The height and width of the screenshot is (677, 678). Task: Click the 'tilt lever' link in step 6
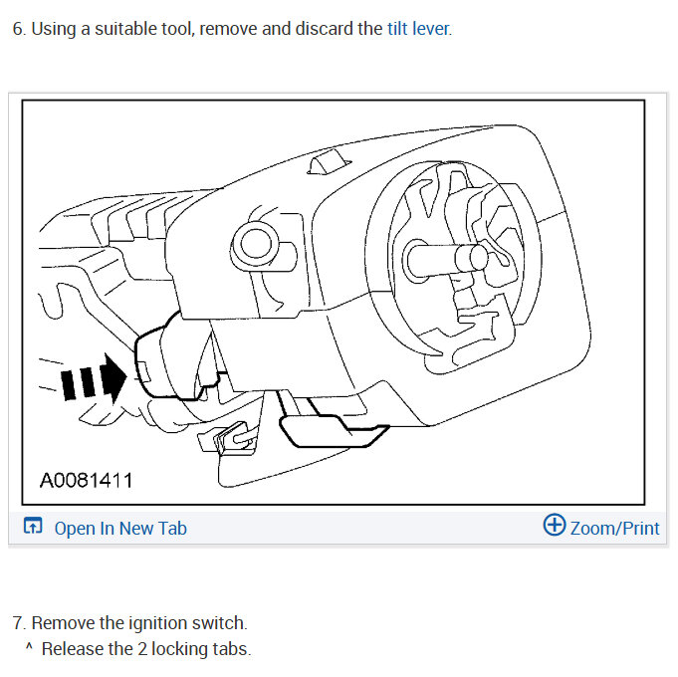pos(418,29)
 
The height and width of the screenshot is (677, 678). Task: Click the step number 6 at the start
pos(17,29)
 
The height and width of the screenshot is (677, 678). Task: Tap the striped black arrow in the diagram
pos(95,380)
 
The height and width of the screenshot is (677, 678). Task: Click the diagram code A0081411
pos(86,482)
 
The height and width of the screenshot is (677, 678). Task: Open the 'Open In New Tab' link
pos(119,529)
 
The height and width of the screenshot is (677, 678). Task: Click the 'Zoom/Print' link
pos(614,528)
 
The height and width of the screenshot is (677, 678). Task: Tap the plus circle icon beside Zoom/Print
pos(554,526)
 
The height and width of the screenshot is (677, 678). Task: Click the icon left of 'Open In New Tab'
pos(33,528)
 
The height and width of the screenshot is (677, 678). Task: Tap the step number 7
pos(17,623)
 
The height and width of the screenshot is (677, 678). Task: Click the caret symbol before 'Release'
pos(29,649)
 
